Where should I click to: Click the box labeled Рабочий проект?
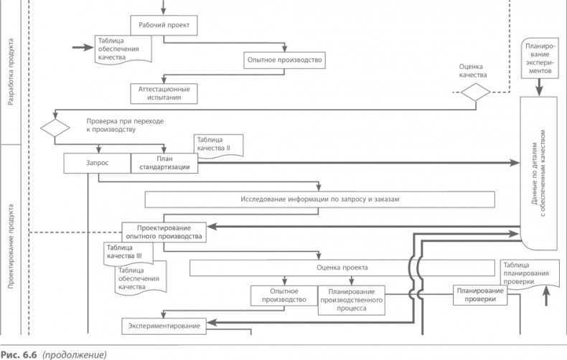click(x=164, y=25)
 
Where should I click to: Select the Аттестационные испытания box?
click(x=164, y=93)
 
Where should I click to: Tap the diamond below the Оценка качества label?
click(x=475, y=93)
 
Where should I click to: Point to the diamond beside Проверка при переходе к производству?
click(x=55, y=128)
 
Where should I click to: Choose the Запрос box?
click(x=97, y=164)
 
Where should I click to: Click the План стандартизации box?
click(x=164, y=164)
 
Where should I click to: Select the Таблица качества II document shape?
click(x=218, y=144)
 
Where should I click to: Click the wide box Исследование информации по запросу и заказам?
click(x=319, y=199)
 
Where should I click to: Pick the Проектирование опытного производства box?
click(x=164, y=231)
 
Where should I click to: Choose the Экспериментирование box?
click(x=164, y=326)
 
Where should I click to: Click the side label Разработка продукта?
click(x=11, y=72)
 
